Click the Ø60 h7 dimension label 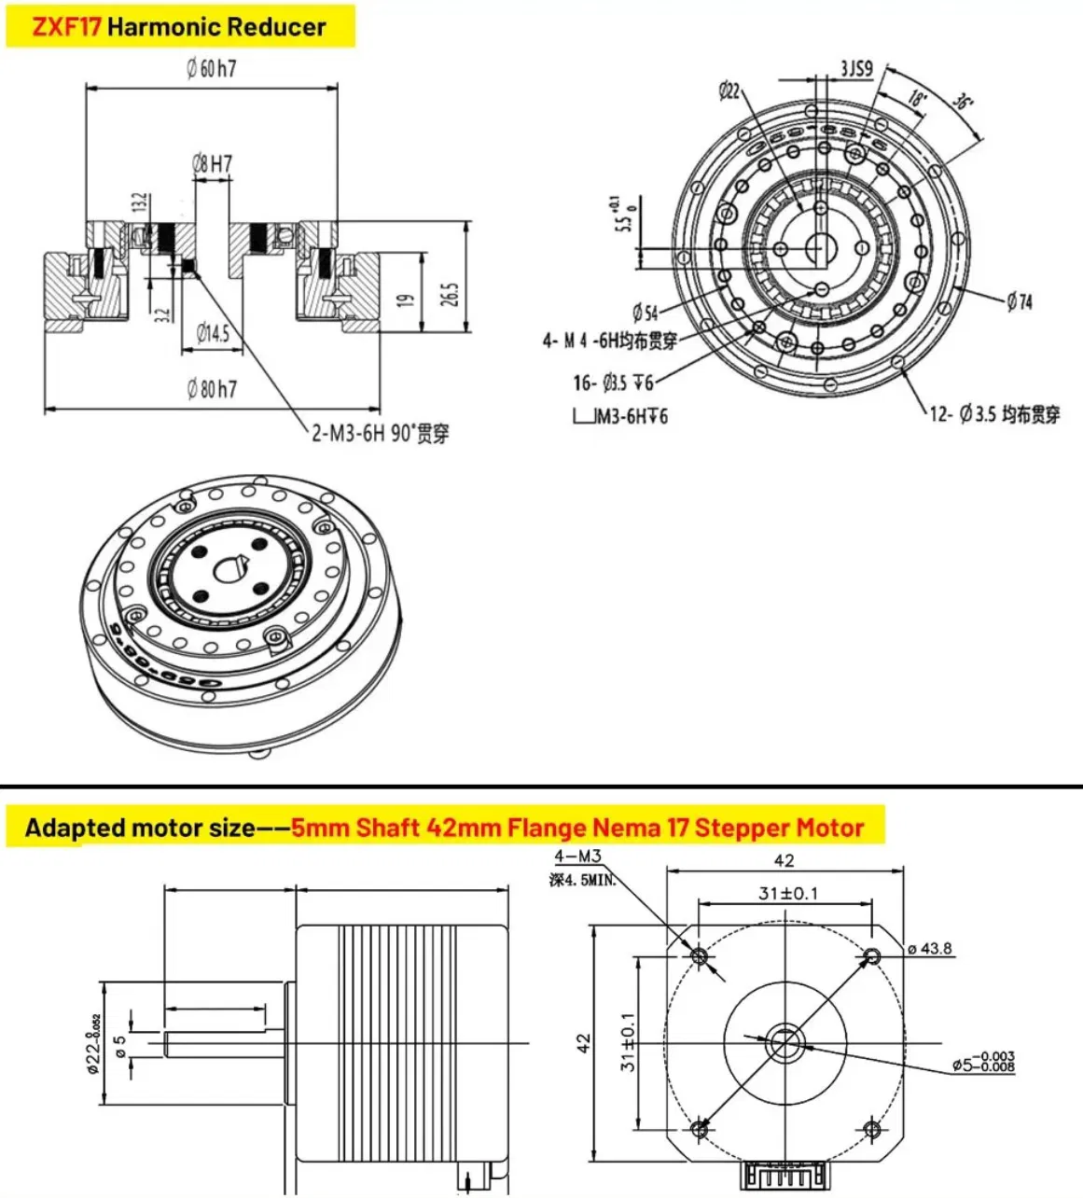coord(211,68)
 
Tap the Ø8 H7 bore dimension coord(212,164)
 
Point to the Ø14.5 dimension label coord(213,333)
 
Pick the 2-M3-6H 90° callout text coord(380,434)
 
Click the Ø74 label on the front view coord(1020,301)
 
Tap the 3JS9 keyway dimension coord(855,68)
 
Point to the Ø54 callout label coord(645,313)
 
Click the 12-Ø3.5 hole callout coord(994,414)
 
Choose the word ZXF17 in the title coord(65,26)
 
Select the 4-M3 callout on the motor coord(577,857)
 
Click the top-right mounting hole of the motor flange coord(872,955)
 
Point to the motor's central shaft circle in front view coord(784,1042)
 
